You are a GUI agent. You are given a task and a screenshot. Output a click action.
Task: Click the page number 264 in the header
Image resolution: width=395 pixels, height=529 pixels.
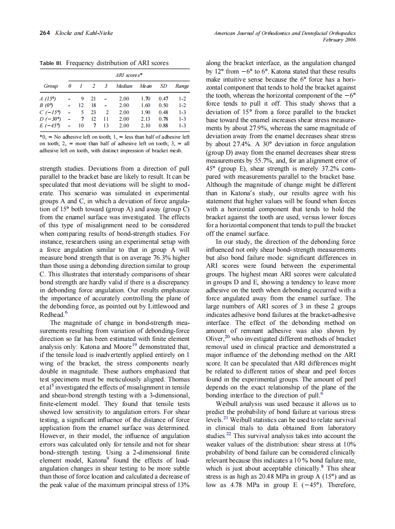coord(45,33)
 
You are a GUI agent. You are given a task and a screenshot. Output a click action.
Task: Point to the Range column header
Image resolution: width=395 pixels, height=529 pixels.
coord(182,86)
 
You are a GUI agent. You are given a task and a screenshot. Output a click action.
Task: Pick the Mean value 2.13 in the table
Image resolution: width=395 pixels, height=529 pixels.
coord(146,119)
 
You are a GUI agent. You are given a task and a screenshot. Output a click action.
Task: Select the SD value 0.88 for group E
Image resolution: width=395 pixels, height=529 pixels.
coord(164,126)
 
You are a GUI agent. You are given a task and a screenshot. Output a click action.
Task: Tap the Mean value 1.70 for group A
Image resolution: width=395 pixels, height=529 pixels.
coord(146,99)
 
